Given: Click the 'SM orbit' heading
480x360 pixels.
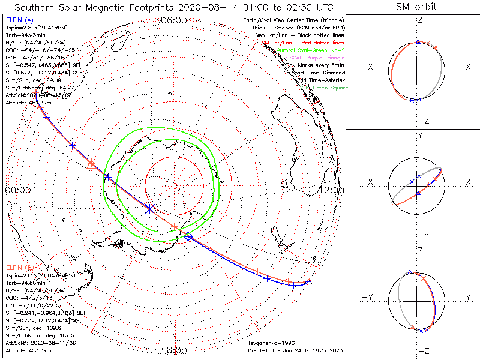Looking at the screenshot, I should [416, 7].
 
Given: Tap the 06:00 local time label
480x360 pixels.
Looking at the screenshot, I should [174, 20].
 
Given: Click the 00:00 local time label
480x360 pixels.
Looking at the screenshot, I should [17, 190].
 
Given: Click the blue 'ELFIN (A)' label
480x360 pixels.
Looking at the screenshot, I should [19, 20].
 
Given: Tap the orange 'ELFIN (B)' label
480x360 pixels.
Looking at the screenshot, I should [19, 266].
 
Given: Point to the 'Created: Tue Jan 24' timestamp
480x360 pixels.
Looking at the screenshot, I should [295, 350].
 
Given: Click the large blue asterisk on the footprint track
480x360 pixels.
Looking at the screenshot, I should [150, 208].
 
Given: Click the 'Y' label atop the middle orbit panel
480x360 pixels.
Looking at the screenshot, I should [419, 136].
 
